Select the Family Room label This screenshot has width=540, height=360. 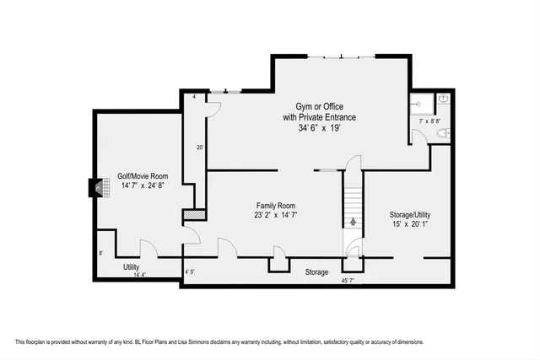pos(276,206)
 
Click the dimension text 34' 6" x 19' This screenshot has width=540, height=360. pos(320,129)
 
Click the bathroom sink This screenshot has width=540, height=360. pos(444,99)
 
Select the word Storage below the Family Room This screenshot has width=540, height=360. pos(316,271)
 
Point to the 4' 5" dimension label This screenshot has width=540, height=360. pos(191,271)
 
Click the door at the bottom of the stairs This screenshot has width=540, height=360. pos(354,249)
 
